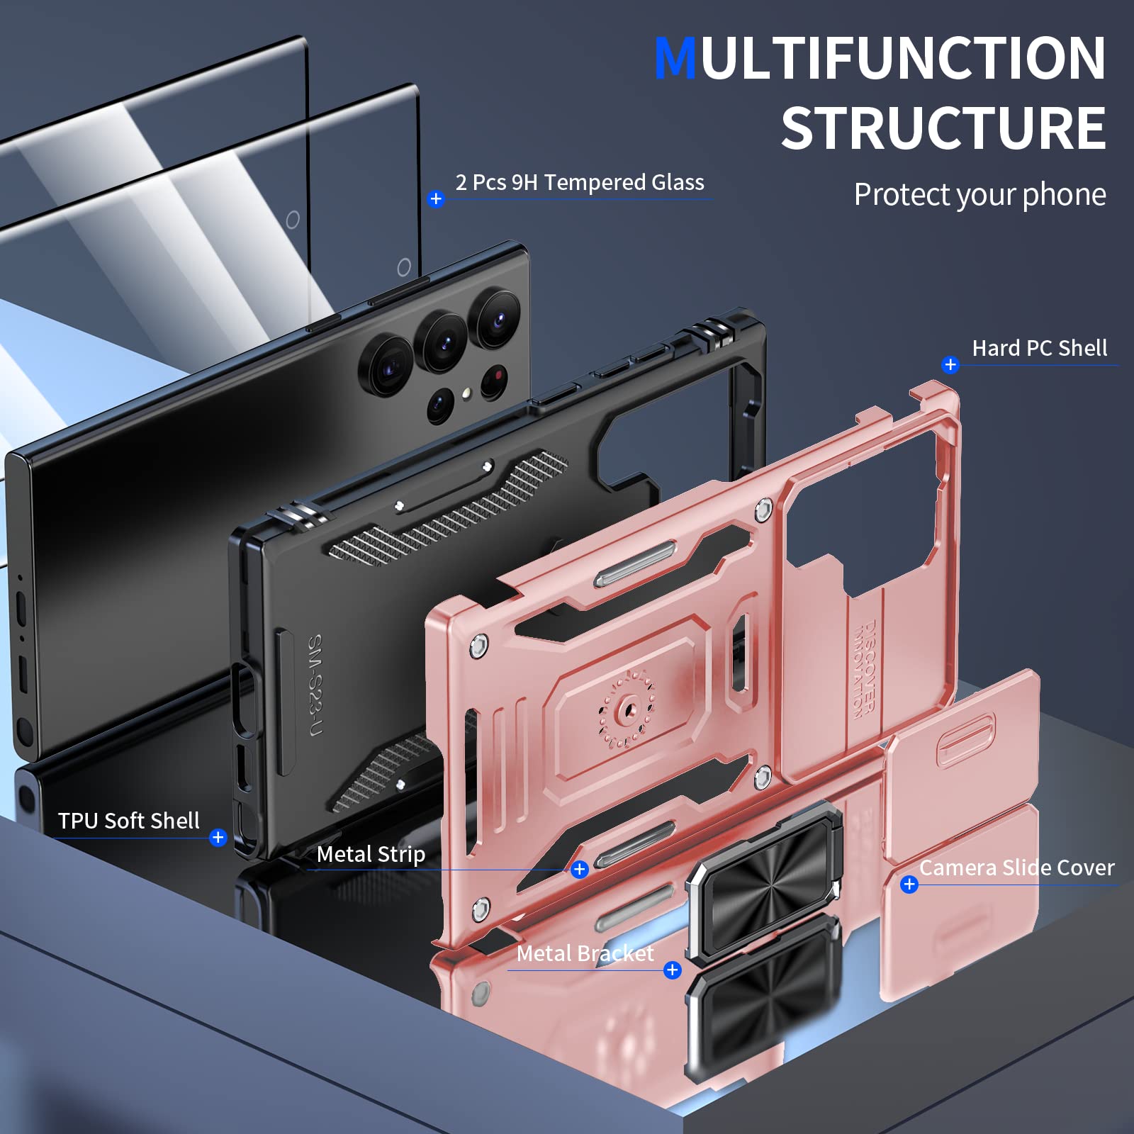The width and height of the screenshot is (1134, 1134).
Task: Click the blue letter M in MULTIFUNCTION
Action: click(x=675, y=58)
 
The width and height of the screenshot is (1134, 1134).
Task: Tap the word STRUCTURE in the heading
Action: click(x=943, y=128)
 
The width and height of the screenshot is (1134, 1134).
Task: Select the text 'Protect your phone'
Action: click(x=979, y=194)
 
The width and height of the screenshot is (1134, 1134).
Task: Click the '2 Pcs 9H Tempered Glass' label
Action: click(x=580, y=182)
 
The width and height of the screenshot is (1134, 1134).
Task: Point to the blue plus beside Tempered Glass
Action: click(x=436, y=199)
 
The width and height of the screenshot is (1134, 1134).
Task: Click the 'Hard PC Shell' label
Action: click(x=1039, y=348)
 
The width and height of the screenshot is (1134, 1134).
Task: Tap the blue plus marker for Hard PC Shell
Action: click(x=950, y=365)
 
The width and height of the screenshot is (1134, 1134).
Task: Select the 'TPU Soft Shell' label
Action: click(x=128, y=821)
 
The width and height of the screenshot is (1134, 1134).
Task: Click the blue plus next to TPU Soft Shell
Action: click(x=218, y=838)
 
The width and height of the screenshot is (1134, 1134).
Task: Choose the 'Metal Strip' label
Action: click(x=371, y=854)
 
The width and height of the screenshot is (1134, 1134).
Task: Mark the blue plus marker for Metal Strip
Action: click(x=580, y=869)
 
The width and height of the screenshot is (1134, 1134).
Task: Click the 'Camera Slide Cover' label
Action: click(x=1016, y=868)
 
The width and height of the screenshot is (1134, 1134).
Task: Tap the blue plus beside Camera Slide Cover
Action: click(x=909, y=885)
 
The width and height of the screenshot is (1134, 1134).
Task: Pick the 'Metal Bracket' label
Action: click(x=585, y=953)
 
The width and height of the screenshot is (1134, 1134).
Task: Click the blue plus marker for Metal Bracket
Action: click(x=673, y=970)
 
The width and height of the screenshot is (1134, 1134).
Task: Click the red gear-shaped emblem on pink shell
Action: click(x=627, y=709)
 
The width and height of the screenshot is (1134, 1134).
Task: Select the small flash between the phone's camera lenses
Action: click(x=467, y=393)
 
